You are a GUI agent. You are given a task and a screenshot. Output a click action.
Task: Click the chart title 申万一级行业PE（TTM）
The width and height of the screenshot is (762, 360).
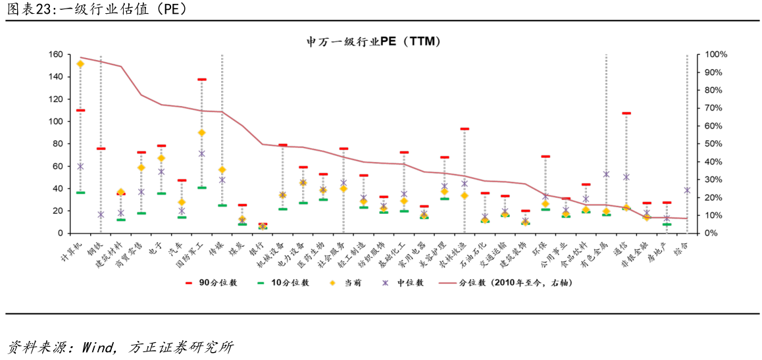pos(372,41)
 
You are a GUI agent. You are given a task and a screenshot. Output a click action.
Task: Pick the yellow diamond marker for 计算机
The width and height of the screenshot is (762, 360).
pos(80,64)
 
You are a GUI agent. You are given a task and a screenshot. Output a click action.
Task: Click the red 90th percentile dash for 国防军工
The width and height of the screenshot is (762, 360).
pos(202,80)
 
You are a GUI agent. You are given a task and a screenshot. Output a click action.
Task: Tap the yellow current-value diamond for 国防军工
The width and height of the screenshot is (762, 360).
pos(202,132)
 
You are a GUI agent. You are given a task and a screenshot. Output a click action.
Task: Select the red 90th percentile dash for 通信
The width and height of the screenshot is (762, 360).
pos(626,113)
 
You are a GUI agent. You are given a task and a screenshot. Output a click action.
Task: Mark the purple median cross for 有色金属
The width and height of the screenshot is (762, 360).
pos(606,174)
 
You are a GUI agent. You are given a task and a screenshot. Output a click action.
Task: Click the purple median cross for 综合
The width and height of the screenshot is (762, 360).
pos(687,190)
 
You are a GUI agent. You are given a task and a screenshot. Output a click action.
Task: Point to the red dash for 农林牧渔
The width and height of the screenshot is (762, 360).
pos(465,129)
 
